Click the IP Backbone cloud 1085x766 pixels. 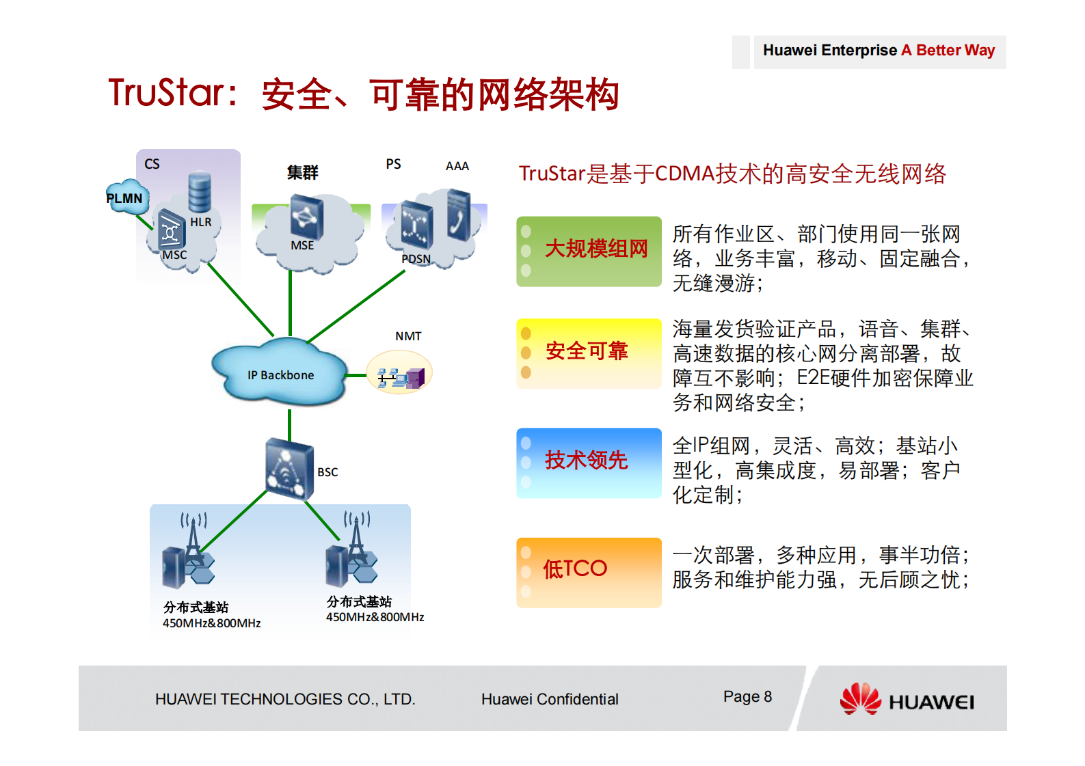(280, 374)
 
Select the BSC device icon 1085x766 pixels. (289, 469)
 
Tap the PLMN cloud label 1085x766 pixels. (125, 198)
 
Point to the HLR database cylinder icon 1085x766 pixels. (200, 193)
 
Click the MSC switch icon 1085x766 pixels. (171, 230)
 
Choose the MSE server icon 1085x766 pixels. (306, 217)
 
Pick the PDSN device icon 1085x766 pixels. (416, 224)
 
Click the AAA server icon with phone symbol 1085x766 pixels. (459, 215)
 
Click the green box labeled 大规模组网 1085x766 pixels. (589, 251)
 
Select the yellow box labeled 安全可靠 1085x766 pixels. (589, 353)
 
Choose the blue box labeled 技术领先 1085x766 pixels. (589, 462)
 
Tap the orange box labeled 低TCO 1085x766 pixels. (589, 571)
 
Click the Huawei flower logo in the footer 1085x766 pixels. (860, 698)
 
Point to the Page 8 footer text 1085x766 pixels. (747, 696)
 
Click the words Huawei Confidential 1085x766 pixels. (550, 699)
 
